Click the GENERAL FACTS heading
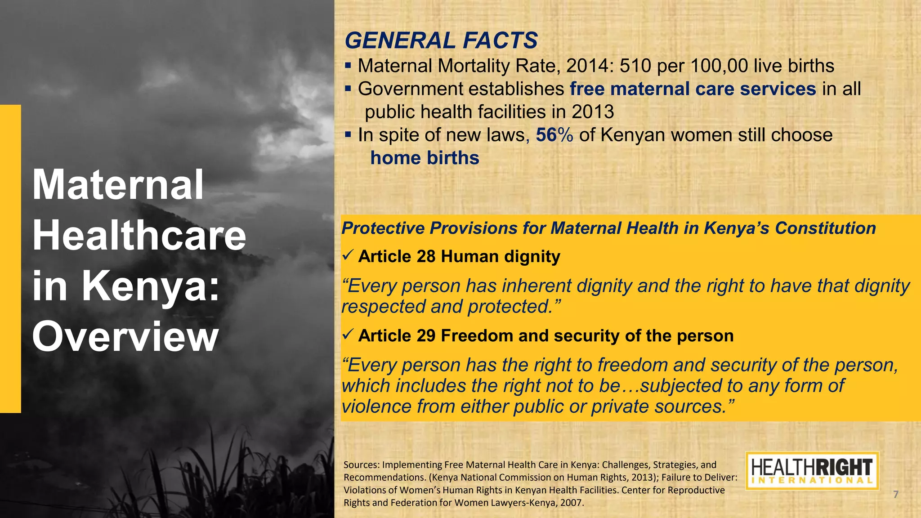tap(441, 40)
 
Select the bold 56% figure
tap(554, 135)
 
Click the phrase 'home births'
tap(425, 158)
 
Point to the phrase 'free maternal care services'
tap(693, 89)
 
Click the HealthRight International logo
tap(812, 471)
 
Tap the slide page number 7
tap(895, 495)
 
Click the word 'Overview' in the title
tap(125, 337)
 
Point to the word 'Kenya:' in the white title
tap(150, 286)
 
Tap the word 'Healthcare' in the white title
tap(139, 235)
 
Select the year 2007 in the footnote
tap(571, 503)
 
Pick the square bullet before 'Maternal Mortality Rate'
tap(348, 66)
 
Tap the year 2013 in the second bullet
tap(592, 112)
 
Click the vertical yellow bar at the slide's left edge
tap(10, 259)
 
